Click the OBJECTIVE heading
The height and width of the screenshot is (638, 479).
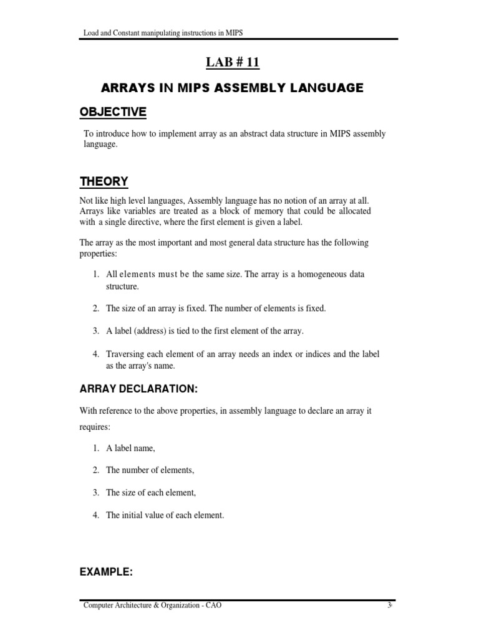(x=113, y=112)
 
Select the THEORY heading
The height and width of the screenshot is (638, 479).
(x=104, y=181)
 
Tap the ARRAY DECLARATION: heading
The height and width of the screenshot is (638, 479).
(x=138, y=389)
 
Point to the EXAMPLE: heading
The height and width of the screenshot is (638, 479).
(x=106, y=573)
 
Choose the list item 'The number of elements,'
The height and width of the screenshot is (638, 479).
(x=150, y=470)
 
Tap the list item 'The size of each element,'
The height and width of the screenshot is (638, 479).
(x=151, y=493)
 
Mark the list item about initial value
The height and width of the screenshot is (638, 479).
(x=165, y=515)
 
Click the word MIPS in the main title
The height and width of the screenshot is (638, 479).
(x=192, y=88)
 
